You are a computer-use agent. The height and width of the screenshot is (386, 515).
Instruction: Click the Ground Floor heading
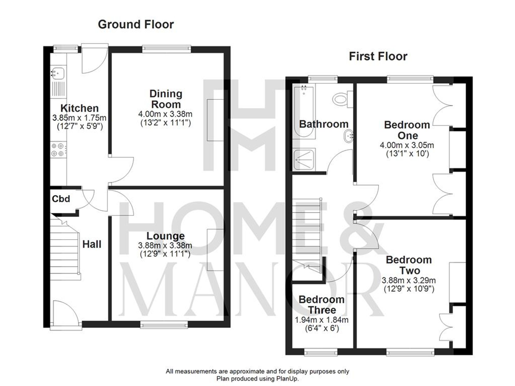pos(136,24)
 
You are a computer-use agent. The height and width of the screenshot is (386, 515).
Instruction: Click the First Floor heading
pos(378,56)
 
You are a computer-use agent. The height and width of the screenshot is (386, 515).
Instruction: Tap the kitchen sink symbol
pos(58,73)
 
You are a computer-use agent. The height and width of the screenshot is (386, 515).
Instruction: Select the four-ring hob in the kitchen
pos(58,150)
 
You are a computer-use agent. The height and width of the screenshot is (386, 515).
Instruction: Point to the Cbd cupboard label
pos(61,199)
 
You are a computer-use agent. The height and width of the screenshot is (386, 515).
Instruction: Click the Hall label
pos(92,244)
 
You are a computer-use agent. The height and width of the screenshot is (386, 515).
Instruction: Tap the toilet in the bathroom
pos(341,99)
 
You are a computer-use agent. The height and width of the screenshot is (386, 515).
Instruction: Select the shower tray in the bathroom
pos(304,160)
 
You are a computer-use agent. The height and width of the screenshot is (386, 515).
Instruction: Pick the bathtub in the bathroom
pos(304,112)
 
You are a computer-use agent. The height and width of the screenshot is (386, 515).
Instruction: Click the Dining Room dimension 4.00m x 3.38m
pos(165,114)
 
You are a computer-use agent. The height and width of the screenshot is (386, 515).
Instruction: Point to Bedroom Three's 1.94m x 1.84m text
pos(321,320)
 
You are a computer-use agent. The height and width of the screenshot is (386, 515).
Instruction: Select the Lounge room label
pos(165,236)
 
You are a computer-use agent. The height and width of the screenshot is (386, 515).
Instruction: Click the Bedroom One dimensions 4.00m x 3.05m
pos(407,145)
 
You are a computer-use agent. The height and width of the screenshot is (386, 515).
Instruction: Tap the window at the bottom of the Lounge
pos(164,326)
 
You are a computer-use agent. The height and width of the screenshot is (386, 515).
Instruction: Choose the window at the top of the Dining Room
pos(166,49)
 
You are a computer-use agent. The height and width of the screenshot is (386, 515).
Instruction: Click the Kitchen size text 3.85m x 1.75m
pos(79,118)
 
